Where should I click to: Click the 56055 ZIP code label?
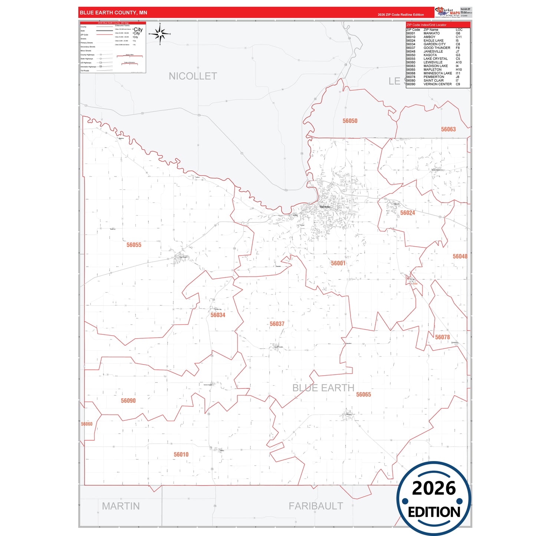(134, 245)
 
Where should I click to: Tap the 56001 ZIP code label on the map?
(338, 263)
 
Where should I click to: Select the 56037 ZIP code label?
(277, 324)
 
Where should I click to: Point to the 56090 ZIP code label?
(128, 401)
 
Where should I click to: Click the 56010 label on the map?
(181, 454)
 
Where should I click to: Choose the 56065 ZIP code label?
(364, 395)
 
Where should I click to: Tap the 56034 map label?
(218, 315)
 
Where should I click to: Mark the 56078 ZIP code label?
(442, 337)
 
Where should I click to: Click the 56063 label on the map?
(448, 129)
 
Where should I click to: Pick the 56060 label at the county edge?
(87, 424)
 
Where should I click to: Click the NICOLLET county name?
(193, 76)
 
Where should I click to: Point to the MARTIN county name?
(121, 506)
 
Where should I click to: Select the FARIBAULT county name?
(316, 506)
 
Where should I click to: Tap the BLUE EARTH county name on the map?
(323, 388)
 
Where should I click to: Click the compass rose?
(160, 34)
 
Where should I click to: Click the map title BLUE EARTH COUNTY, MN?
(114, 13)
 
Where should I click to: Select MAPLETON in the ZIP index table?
(433, 70)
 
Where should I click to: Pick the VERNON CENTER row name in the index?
(438, 84)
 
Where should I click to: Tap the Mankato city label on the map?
(325, 207)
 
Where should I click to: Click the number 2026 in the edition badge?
(434, 488)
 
